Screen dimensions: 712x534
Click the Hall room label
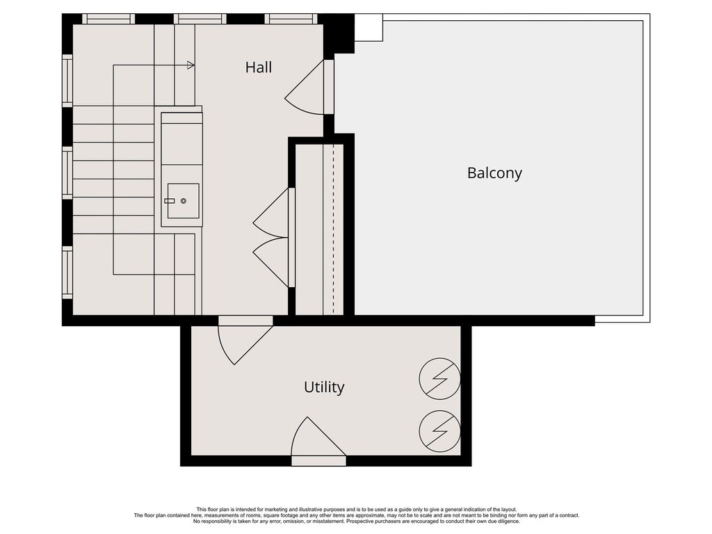click(x=259, y=67)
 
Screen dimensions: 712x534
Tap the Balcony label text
click(x=494, y=173)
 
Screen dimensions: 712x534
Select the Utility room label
click(x=324, y=387)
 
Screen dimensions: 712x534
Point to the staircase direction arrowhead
click(x=191, y=65)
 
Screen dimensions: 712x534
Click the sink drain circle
click(x=184, y=201)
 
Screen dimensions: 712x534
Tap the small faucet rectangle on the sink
click(x=170, y=201)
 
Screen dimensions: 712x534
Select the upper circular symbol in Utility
click(x=439, y=379)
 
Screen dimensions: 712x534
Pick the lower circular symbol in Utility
click(x=439, y=431)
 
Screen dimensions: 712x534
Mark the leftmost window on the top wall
click(x=108, y=19)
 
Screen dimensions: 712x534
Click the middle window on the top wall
click(x=200, y=19)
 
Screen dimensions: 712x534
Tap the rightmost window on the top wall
click(x=291, y=19)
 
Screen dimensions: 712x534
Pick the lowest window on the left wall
click(x=67, y=273)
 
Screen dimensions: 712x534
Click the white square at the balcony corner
click(x=369, y=27)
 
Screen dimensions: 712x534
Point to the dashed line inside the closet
click(x=333, y=229)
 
